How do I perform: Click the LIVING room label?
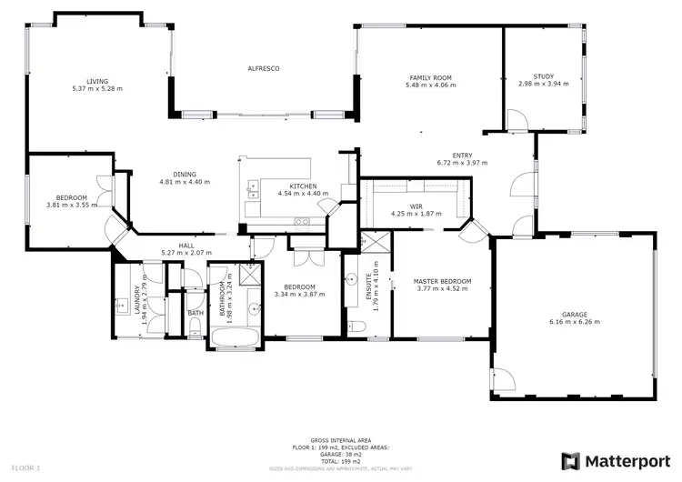(97, 81)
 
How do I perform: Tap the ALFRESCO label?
(263, 69)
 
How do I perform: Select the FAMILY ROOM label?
(431, 78)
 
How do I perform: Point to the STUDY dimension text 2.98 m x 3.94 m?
(543, 84)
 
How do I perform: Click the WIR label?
(416, 206)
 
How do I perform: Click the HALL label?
(186, 246)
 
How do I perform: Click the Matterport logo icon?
(570, 460)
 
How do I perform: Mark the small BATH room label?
(196, 314)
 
